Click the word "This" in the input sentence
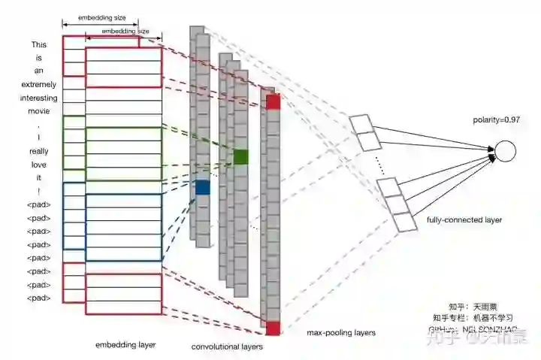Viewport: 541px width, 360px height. point(39,44)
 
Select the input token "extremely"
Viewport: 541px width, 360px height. point(39,84)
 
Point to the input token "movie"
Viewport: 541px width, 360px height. point(39,111)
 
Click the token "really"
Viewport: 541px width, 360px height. point(39,151)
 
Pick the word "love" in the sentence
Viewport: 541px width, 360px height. point(39,164)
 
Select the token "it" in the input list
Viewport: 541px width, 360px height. point(39,177)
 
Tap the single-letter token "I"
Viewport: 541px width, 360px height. point(39,138)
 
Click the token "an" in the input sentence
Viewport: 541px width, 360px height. point(39,71)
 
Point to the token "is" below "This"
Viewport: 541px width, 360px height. point(39,57)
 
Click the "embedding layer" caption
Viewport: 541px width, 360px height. point(125,345)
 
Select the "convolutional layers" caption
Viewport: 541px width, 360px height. point(227,346)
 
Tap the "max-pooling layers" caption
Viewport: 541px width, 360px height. point(341,332)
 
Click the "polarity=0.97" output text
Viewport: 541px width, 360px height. point(497,120)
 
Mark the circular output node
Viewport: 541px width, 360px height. point(506,151)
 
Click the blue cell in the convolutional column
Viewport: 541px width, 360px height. point(202,187)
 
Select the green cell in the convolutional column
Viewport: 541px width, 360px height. point(240,156)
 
